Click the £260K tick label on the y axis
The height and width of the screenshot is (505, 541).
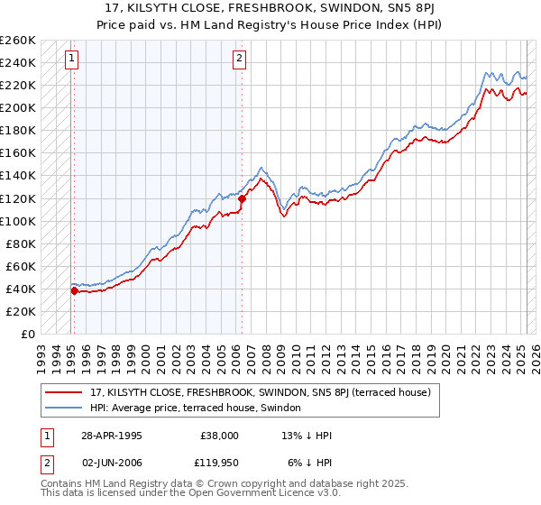tap(19, 41)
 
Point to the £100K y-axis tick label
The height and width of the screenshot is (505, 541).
tap(19, 221)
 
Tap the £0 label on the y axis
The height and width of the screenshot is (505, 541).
tap(28, 334)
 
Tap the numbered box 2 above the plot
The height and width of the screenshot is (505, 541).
tap(239, 60)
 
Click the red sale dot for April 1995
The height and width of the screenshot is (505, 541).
tap(74, 290)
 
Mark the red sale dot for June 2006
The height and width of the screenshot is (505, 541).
tap(242, 198)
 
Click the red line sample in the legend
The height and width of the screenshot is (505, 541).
tap(63, 392)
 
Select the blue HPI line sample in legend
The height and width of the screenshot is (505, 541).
tap(63, 408)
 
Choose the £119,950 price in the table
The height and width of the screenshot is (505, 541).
tap(219, 461)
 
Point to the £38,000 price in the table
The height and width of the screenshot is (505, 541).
tap(219, 436)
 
